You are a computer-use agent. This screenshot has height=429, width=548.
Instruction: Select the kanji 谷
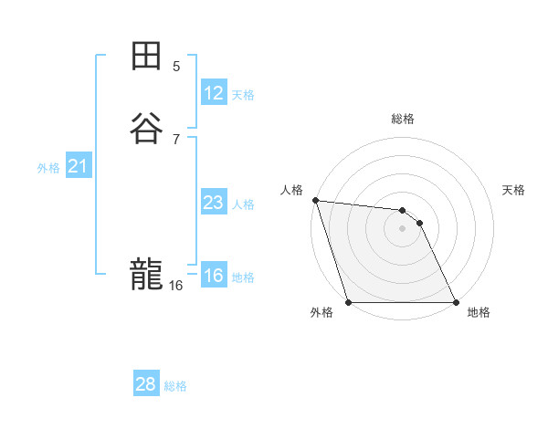pos(146,127)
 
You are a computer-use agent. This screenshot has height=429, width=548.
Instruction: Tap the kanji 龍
pos(146,273)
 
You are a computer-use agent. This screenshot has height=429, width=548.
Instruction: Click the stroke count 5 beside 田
pos(176,66)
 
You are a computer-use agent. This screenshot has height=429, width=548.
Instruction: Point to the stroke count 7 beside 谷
pos(176,139)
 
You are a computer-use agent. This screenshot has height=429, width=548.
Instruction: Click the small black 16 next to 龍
pos(175,286)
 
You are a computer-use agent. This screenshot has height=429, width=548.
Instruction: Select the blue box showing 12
pos(214,93)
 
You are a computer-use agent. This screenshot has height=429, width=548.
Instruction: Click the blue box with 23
pos(214,203)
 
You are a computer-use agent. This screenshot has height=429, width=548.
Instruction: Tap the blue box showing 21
pos(78,166)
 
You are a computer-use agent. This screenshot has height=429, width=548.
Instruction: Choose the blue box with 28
pos(146,384)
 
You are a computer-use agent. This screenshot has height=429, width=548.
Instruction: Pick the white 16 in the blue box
pos(214,276)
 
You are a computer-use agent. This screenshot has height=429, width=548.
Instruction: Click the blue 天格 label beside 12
pos(243,95)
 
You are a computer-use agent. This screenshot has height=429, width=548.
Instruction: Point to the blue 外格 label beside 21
pos(48,168)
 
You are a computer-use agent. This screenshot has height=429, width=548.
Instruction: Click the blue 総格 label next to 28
pos(175,386)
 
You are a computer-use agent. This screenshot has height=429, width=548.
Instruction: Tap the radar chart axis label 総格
pos(403,119)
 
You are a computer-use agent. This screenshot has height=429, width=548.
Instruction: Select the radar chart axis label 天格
pos(514,190)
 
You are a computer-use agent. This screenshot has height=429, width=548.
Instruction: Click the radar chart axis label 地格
pos(479,312)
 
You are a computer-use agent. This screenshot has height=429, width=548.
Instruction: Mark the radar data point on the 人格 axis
pos(315,200)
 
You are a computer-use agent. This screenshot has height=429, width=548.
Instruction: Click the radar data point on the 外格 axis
pos(349,302)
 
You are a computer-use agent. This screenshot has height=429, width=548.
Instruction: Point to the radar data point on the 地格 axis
pos(456,302)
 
